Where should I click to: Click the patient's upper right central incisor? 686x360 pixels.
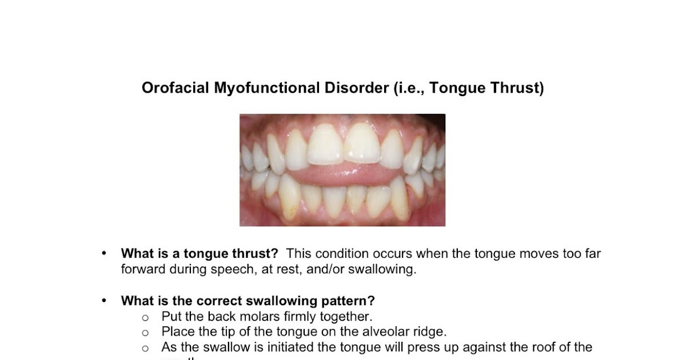pos(325,144)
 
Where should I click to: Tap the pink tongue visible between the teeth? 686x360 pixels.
pos(343,173)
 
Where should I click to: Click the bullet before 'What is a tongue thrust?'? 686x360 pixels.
pos(103,253)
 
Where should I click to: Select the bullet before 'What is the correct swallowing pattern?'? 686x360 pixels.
pos(103,301)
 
